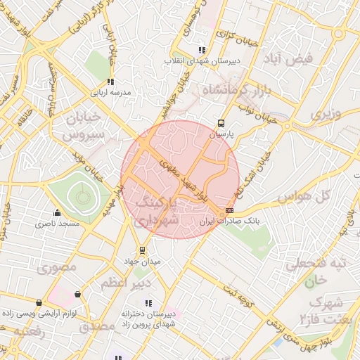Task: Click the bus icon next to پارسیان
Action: pyautogui.click(x=222, y=122)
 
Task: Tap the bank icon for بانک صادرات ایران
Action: pyautogui.click(x=229, y=211)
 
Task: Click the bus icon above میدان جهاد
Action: pyautogui.click(x=143, y=250)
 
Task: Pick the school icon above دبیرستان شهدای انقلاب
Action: pyautogui.click(x=201, y=50)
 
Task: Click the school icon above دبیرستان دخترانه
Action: pyautogui.click(x=147, y=303)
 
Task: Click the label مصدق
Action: pyautogui.click(x=97, y=327)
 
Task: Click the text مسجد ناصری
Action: pyautogui.click(x=58, y=224)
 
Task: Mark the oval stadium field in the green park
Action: pyautogui.click(x=79, y=197)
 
